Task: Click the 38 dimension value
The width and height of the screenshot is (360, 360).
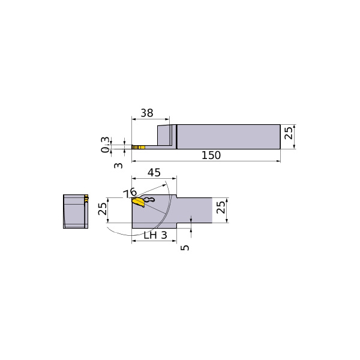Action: point(147,113)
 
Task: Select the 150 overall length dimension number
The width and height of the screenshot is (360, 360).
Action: point(211,155)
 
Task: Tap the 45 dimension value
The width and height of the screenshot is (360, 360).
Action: point(154,172)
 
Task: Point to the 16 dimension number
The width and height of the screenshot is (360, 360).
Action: point(130,193)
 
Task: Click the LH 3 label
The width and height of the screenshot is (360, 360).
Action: point(155,235)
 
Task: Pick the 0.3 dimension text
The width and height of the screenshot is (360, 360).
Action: point(105,145)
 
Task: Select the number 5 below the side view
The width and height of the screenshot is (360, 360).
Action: point(185,247)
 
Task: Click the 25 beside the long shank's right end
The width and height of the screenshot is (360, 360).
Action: point(289,133)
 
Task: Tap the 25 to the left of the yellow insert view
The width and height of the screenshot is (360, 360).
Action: point(103,209)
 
